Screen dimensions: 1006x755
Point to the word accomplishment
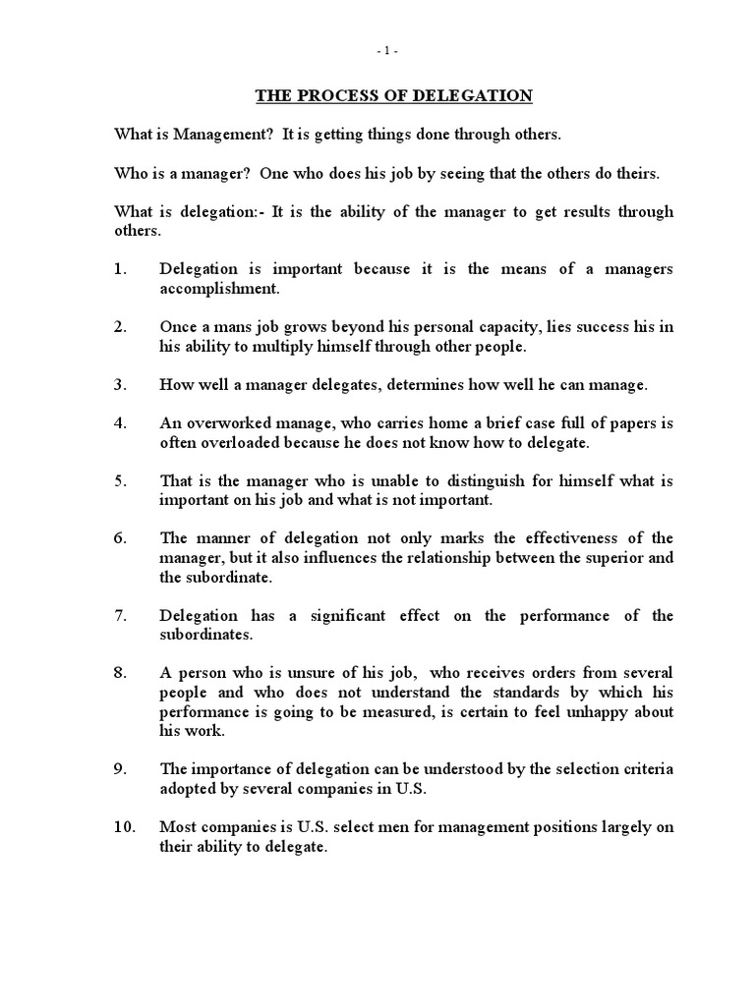(x=219, y=289)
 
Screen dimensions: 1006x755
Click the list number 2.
(x=121, y=327)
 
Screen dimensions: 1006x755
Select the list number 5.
(x=121, y=480)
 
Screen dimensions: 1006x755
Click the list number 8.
(x=121, y=673)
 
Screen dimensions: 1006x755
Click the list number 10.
(x=125, y=827)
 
